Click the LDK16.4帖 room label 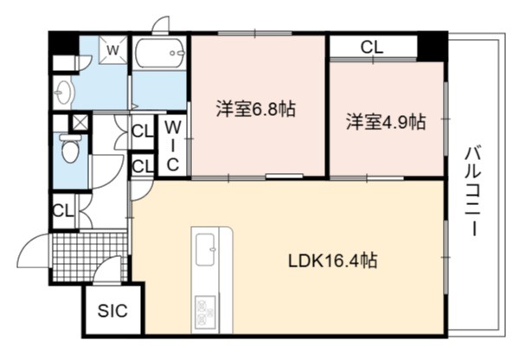pyautogui.click(x=332, y=261)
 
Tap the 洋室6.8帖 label pyautogui.click(x=255, y=108)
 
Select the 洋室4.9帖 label pyautogui.click(x=386, y=121)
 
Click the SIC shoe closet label pyautogui.click(x=112, y=311)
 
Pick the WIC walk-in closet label pyautogui.click(x=173, y=145)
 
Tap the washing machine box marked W pyautogui.click(x=113, y=49)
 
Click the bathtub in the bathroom pyautogui.click(x=160, y=53)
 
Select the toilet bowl pyautogui.click(x=70, y=148)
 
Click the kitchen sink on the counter pyautogui.click(x=206, y=249)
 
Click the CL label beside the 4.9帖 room pyautogui.click(x=372, y=48)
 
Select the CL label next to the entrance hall pyautogui.click(x=63, y=210)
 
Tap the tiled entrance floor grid pyautogui.click(x=89, y=257)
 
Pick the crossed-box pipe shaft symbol pyautogui.click(x=80, y=123)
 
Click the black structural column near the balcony pyautogui.click(x=432, y=46)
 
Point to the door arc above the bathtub pyautogui.click(x=161, y=25)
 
